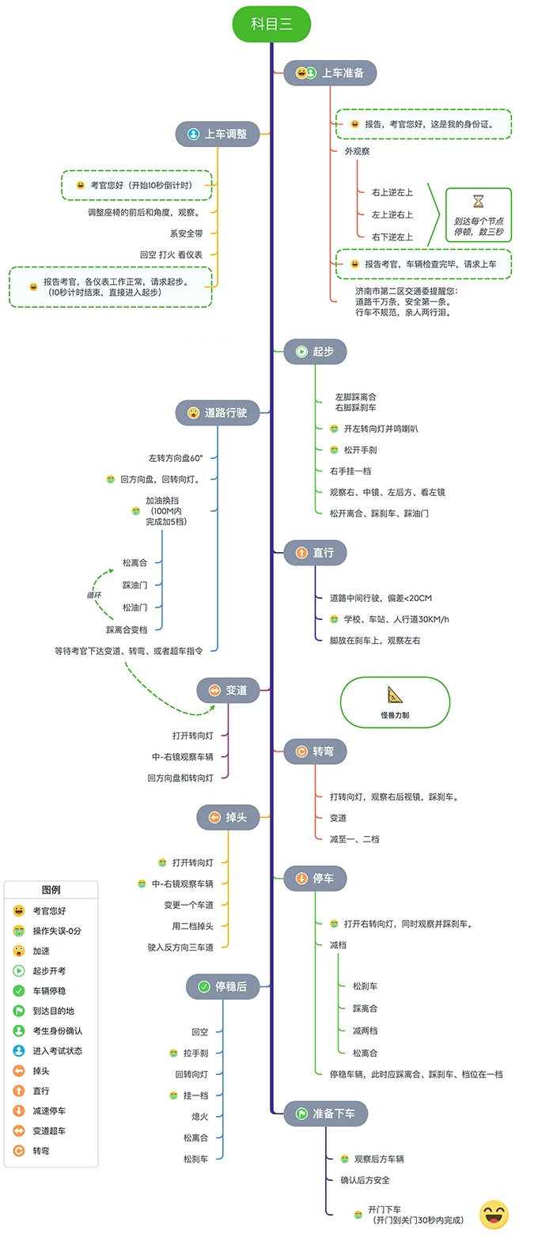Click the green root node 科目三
pyautogui.click(x=271, y=24)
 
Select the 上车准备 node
pyautogui.click(x=330, y=73)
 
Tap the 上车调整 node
pyautogui.click(x=218, y=134)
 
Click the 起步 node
pyautogui.click(x=315, y=351)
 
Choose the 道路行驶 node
pyautogui.click(x=218, y=412)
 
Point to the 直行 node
pyautogui.click(x=315, y=553)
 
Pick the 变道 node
pyautogui.click(x=228, y=690)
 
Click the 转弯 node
pyautogui.click(x=315, y=751)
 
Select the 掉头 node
pyautogui.click(x=228, y=817)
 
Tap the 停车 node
pyautogui.click(x=315, y=878)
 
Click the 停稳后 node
pyautogui.click(x=222, y=986)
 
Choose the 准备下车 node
pyautogui.click(x=325, y=1113)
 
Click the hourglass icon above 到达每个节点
pyautogui.click(x=478, y=202)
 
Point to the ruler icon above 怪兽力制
pyautogui.click(x=395, y=695)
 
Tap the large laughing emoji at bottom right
pyautogui.click(x=494, y=1214)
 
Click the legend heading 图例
pyautogui.click(x=51, y=890)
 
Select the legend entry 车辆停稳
pyautogui.click(x=49, y=990)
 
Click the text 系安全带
pyautogui.click(x=186, y=233)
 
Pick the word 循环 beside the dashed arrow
pyautogui.click(x=93, y=595)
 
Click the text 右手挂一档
pyautogui.click(x=350, y=471)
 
